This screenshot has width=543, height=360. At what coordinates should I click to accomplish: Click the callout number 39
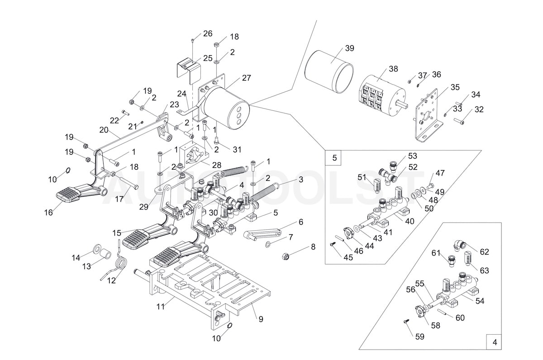point(349,48)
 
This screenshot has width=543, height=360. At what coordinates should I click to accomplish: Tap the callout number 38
point(393,69)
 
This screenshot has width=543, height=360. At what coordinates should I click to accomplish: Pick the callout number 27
point(246,78)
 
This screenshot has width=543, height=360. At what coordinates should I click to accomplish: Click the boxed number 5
point(334,158)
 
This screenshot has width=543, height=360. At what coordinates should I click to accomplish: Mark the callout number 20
point(104,129)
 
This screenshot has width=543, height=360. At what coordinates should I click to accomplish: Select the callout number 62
point(484,252)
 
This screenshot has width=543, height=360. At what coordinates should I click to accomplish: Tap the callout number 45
point(348,257)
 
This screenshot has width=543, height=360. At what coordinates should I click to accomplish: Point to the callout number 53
point(412,156)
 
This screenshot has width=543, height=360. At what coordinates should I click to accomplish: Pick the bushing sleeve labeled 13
point(105,254)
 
